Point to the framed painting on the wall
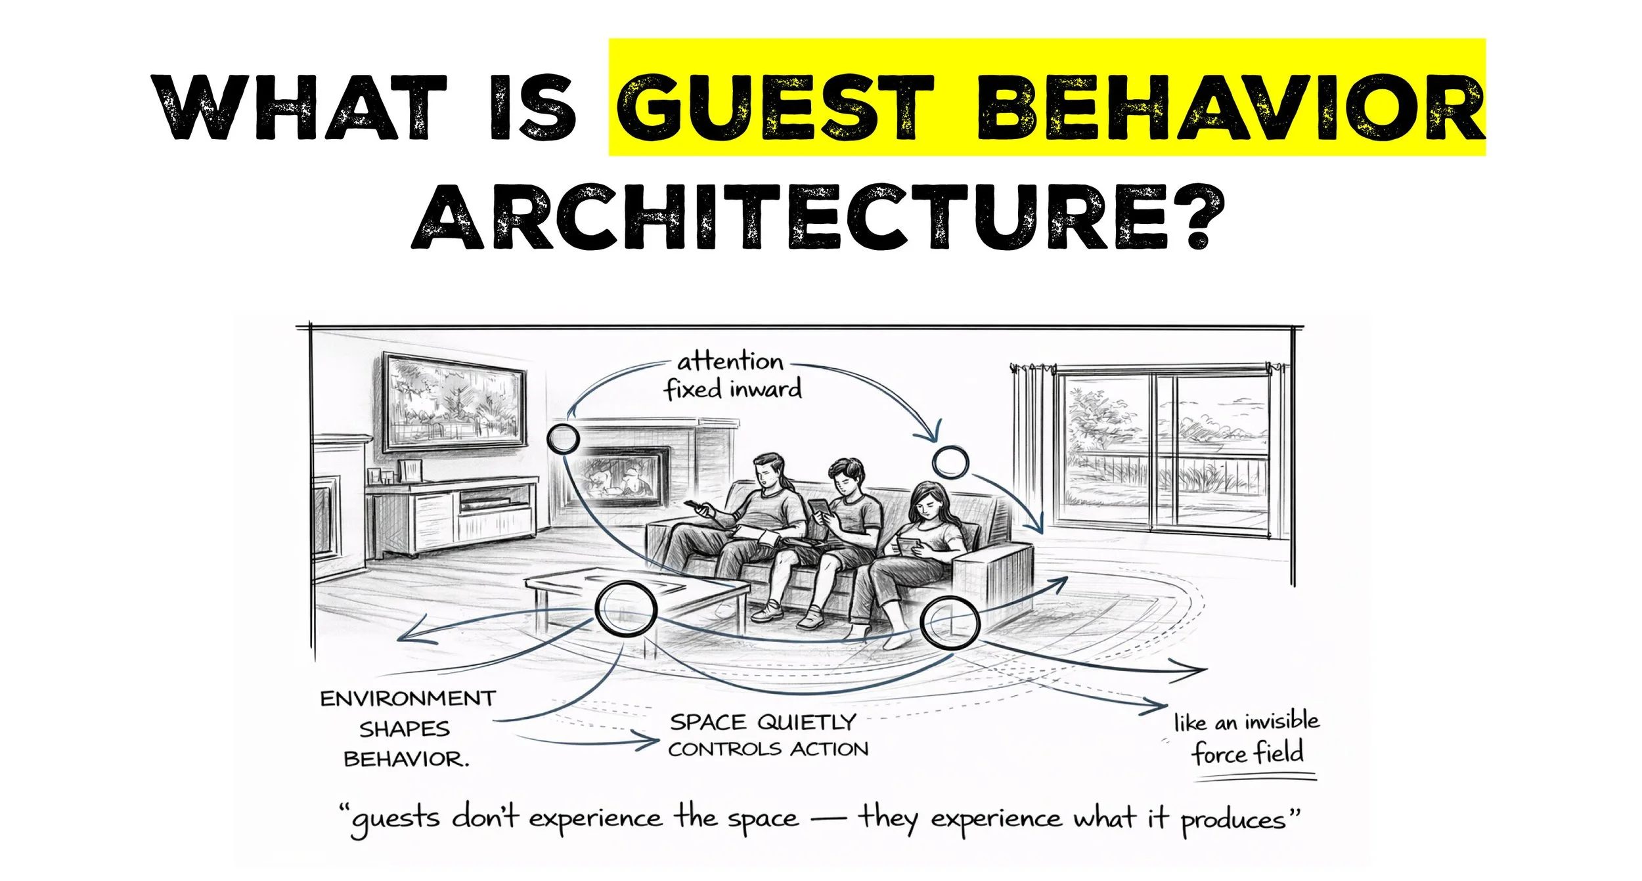(x=455, y=402)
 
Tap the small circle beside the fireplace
(x=563, y=439)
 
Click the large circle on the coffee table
(x=625, y=609)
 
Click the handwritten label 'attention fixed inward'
(x=732, y=376)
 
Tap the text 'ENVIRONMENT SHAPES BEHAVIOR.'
(x=407, y=729)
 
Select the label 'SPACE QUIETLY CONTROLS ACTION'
(x=767, y=735)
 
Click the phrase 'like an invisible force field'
(x=1247, y=739)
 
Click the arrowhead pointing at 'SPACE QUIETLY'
(x=650, y=742)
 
